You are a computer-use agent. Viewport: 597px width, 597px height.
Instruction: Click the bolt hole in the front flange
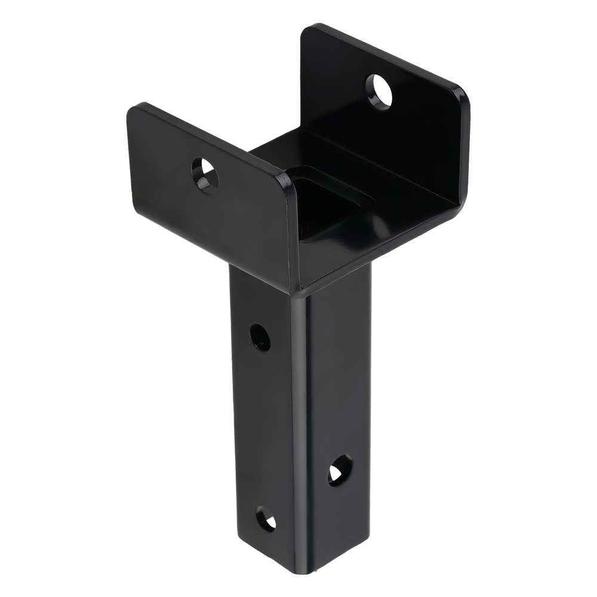[205, 175]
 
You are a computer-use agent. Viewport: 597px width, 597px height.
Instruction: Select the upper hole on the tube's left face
[260, 337]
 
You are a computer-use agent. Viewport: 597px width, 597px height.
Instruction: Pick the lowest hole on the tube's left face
[266, 519]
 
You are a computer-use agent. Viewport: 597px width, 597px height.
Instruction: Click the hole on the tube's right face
[340, 469]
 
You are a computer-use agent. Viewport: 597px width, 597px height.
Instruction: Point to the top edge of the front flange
[209, 140]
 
